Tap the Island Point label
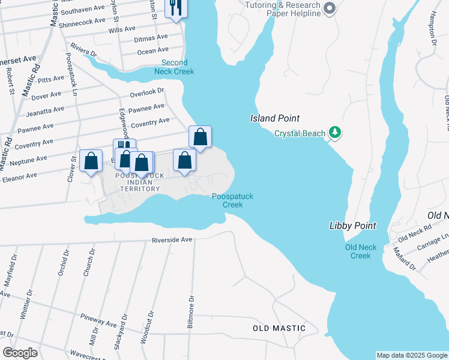pos(274,119)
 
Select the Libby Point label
pos(352,226)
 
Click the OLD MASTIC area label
pos(279,328)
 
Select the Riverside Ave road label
pos(172,239)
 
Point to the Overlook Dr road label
pos(147,92)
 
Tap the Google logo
pos(20,353)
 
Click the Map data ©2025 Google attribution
pos(412,355)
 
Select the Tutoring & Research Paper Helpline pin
pos(328,8)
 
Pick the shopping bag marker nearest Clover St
pos(91,161)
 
